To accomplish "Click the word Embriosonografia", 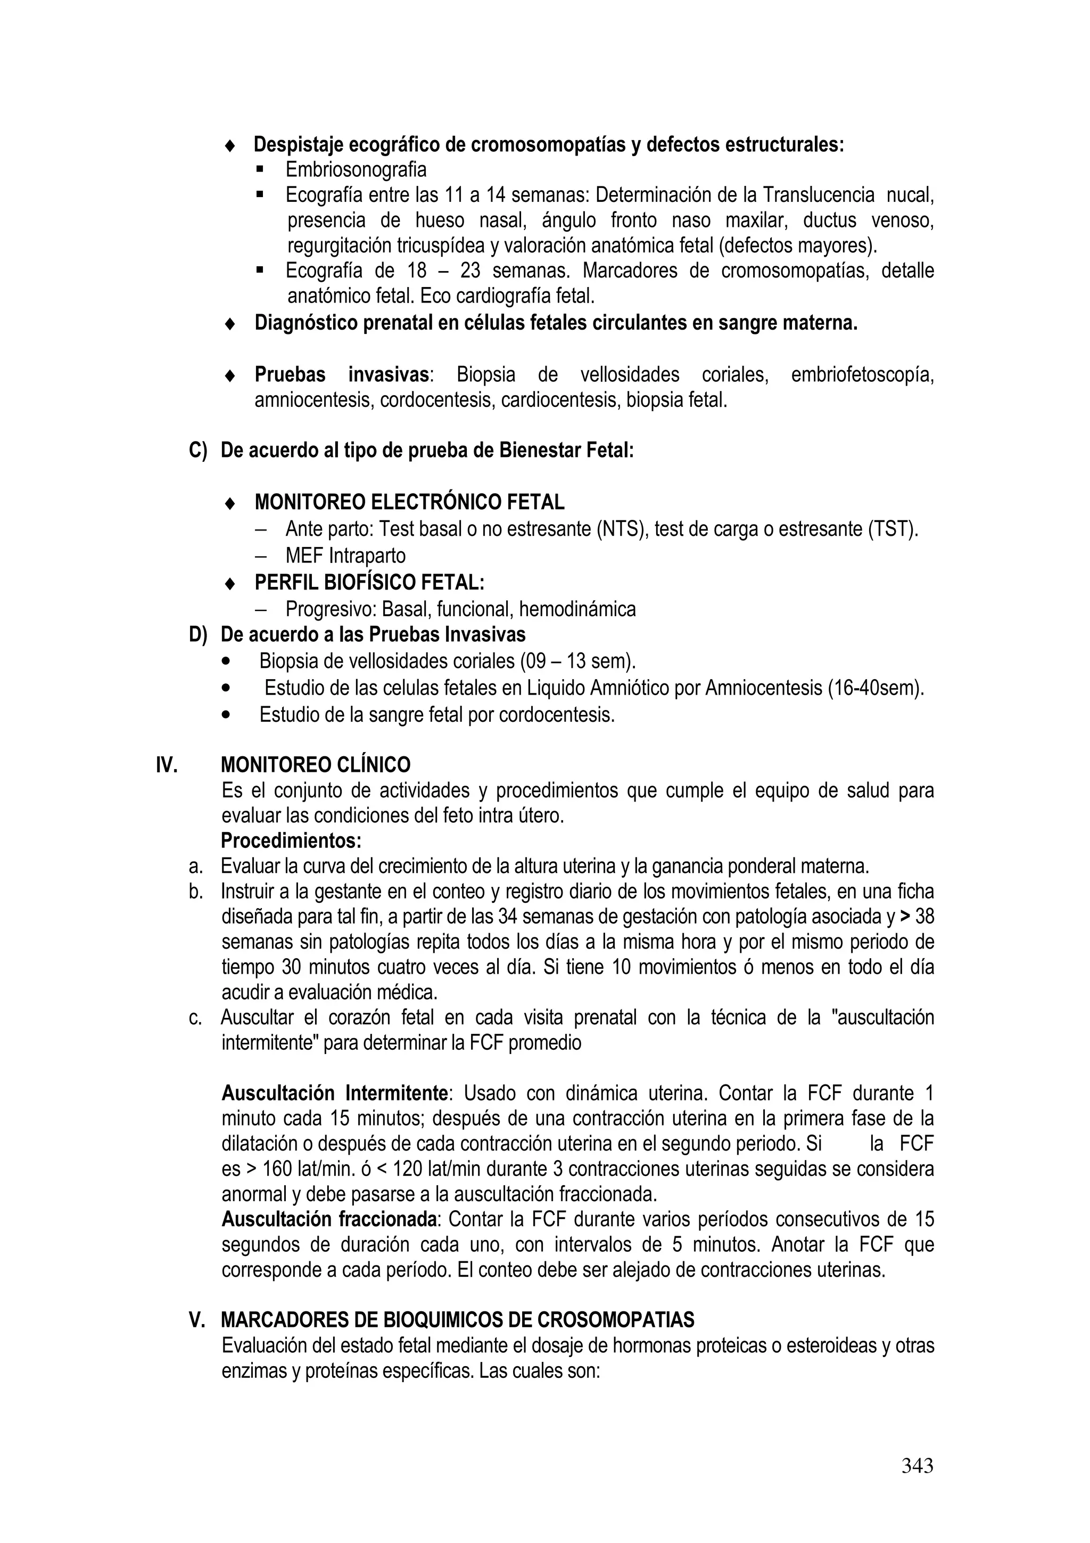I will (x=356, y=169).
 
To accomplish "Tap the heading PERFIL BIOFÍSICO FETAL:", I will (x=369, y=581).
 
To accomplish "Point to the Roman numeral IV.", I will (x=167, y=765).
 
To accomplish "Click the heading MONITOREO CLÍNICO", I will (x=316, y=765).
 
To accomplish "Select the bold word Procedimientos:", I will (x=292, y=840).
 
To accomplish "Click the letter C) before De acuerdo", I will (x=198, y=450).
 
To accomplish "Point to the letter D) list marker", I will (x=198, y=634).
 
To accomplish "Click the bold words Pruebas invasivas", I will (x=342, y=374).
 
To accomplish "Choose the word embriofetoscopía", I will (x=862, y=374).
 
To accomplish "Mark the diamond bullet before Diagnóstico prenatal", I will (x=230, y=324).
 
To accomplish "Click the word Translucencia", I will (x=818, y=195).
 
